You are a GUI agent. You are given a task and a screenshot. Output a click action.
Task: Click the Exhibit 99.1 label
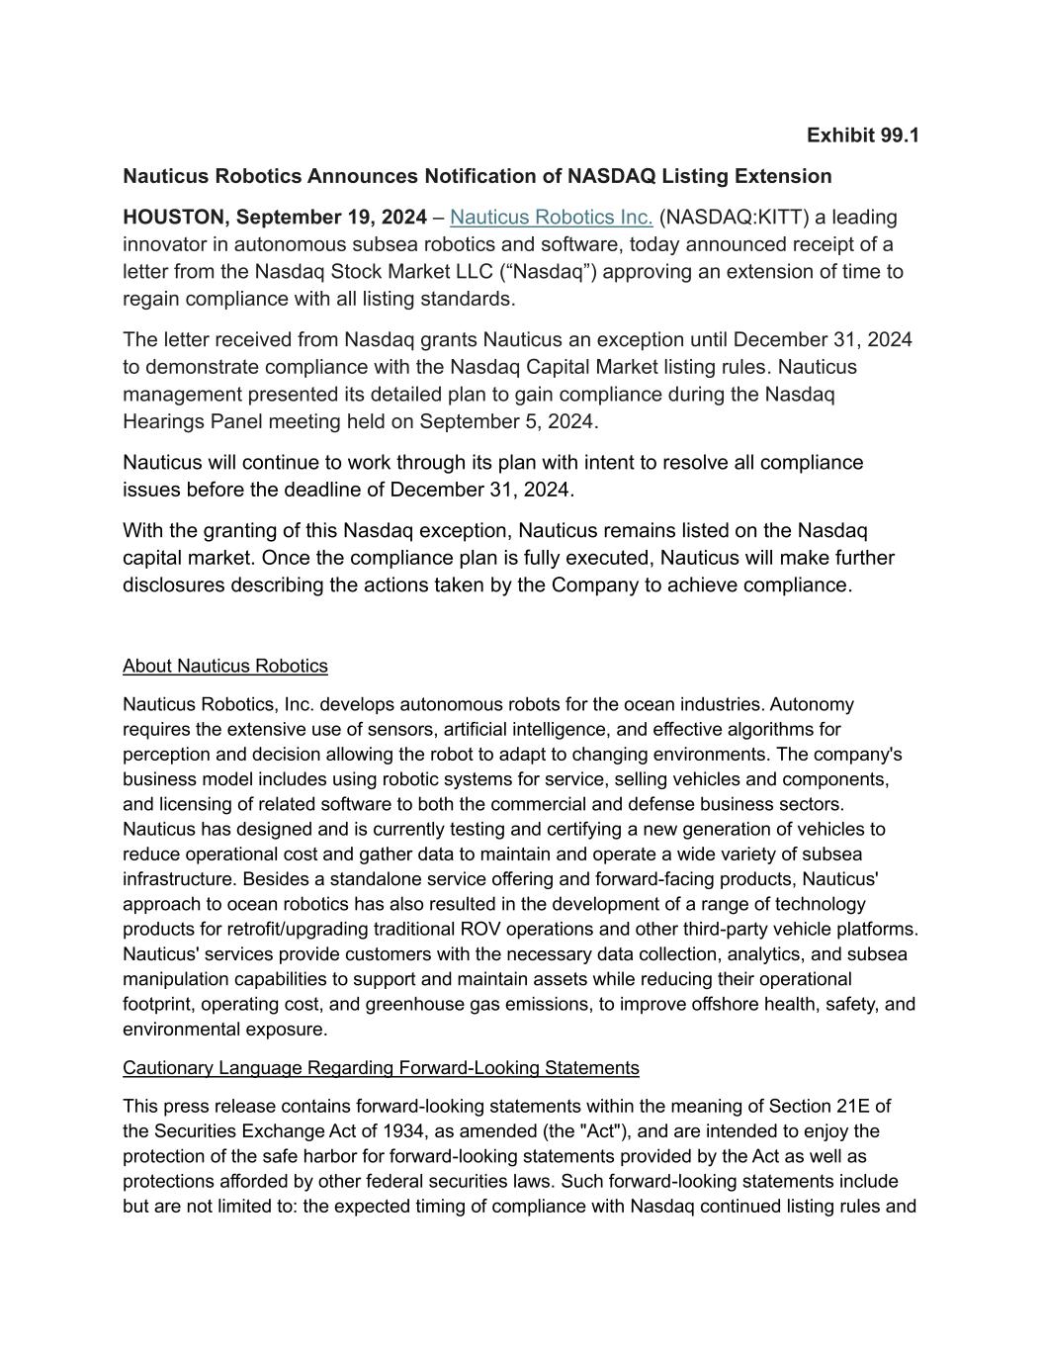[862, 135]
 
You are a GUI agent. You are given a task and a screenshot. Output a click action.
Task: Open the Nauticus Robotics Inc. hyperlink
[551, 218]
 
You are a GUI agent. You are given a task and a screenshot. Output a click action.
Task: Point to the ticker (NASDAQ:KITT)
[734, 218]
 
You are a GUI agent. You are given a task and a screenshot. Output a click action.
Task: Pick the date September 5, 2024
[509, 422]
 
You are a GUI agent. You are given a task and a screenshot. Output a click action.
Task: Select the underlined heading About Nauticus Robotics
[225, 666]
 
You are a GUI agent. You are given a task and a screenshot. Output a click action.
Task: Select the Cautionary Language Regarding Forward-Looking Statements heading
[381, 1068]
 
